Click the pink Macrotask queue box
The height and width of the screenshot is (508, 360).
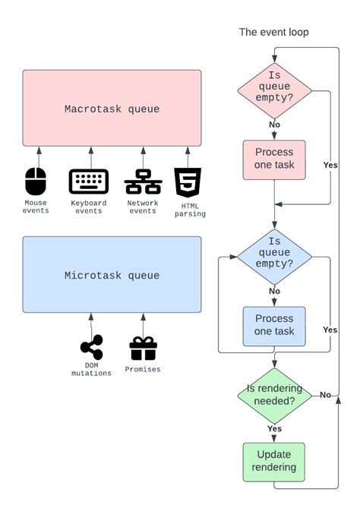[112, 109]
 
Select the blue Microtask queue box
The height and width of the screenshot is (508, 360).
[112, 274]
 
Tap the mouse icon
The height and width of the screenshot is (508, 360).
[36, 181]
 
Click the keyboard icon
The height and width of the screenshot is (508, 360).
[90, 182]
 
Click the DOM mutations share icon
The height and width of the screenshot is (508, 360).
[91, 349]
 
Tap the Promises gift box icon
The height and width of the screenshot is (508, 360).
[143, 348]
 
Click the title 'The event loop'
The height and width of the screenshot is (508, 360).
[273, 32]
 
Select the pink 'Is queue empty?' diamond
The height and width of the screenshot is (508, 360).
[274, 87]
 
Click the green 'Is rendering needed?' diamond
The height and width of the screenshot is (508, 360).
[274, 394]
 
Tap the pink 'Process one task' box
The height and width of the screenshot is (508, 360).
[274, 159]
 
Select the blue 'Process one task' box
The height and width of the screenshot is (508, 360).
[274, 326]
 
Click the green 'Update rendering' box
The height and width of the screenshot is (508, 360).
[274, 461]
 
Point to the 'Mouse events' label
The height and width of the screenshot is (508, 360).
[36, 207]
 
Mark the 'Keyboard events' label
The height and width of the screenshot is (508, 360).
[89, 207]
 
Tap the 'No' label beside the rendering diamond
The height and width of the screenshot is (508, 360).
[325, 394]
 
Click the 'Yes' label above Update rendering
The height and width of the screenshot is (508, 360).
[274, 428]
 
